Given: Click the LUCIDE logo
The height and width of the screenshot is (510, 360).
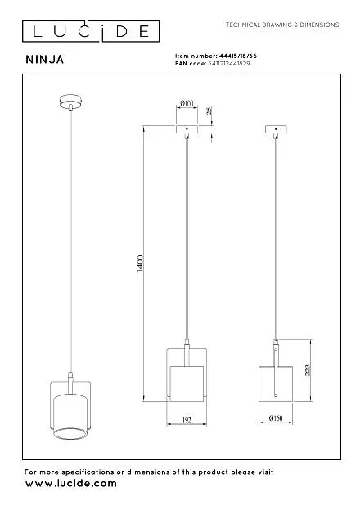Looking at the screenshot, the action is pyautogui.click(x=91, y=31).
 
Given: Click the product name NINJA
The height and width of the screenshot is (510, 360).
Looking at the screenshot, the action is pyautogui.click(x=45, y=59).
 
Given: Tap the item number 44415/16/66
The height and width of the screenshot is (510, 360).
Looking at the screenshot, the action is pyautogui.click(x=238, y=56).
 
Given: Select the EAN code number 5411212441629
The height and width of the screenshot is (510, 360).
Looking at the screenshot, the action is pyautogui.click(x=229, y=63).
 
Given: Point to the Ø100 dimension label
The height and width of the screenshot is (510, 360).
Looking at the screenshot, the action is pyautogui.click(x=187, y=103).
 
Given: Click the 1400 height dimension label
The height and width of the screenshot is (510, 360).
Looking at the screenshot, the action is pyautogui.click(x=140, y=264).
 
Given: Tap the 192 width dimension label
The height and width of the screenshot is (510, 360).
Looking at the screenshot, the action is pyautogui.click(x=187, y=420).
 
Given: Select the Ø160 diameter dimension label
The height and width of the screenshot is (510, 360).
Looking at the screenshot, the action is pyautogui.click(x=276, y=418).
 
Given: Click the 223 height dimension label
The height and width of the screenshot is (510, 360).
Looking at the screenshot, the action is pyautogui.click(x=308, y=370).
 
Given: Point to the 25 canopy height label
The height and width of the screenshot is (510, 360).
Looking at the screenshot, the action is pyautogui.click(x=209, y=110).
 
